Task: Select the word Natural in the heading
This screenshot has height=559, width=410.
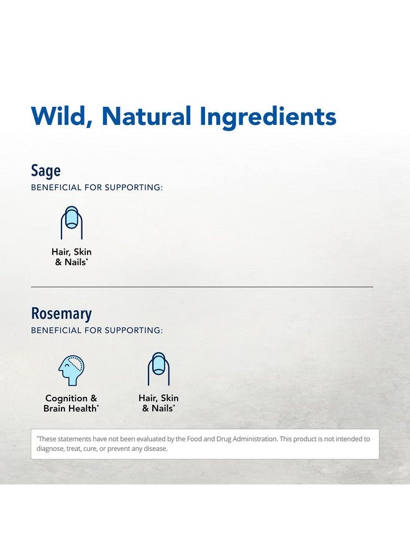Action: (146, 116)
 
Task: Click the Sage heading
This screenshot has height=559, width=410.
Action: (45, 171)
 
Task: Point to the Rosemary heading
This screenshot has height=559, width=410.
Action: (61, 314)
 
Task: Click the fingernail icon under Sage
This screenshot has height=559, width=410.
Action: (71, 222)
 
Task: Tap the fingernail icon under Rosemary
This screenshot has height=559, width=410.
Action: (158, 368)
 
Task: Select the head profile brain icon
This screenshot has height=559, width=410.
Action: (71, 370)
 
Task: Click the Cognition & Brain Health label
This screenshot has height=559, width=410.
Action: (71, 403)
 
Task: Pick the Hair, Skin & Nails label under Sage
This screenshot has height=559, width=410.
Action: (71, 257)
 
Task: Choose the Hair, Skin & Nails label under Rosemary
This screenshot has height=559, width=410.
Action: (158, 403)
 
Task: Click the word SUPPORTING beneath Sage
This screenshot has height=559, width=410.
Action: (134, 188)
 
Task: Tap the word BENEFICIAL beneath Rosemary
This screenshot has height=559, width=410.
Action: (57, 330)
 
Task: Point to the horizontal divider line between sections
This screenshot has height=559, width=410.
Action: (202, 286)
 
